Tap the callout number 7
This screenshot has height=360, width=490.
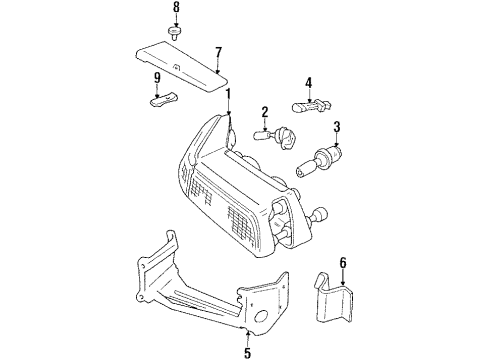click(217, 51)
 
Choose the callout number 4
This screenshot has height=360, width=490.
click(309, 83)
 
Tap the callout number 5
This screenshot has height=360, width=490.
click(247, 351)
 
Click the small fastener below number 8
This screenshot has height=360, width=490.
click(177, 32)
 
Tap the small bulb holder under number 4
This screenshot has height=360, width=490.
click(311, 104)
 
